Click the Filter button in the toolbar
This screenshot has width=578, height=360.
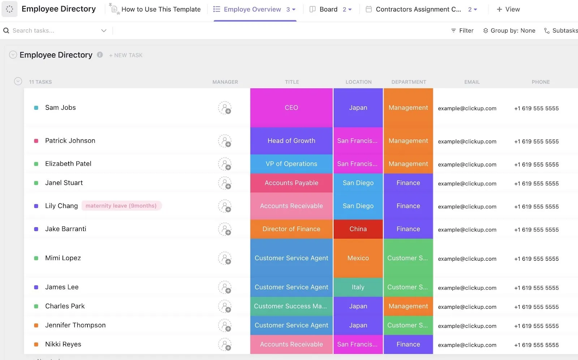[x=462, y=30]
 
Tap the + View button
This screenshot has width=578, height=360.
[x=508, y=9]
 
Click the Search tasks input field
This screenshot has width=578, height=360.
[x=56, y=30]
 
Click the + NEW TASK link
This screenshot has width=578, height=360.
[x=126, y=55]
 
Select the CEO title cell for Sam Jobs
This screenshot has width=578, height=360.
[x=291, y=108]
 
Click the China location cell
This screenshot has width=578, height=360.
[x=358, y=229]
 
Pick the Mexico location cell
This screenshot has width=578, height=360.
[x=358, y=258]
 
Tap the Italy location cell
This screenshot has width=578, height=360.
[x=358, y=287]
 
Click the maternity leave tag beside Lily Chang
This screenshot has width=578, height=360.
[x=121, y=206]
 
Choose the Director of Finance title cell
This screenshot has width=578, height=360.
[x=291, y=229]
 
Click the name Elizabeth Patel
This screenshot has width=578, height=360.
[x=68, y=164]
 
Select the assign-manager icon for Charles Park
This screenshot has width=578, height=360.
[x=225, y=307]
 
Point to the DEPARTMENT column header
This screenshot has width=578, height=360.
[x=409, y=82]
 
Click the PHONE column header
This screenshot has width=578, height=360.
[x=540, y=82]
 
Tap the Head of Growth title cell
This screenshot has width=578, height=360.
[x=291, y=141]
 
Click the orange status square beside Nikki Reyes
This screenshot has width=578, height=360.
[x=36, y=344]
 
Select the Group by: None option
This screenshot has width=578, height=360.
[x=509, y=30]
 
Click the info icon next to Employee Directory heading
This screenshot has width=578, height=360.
[x=100, y=55]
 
